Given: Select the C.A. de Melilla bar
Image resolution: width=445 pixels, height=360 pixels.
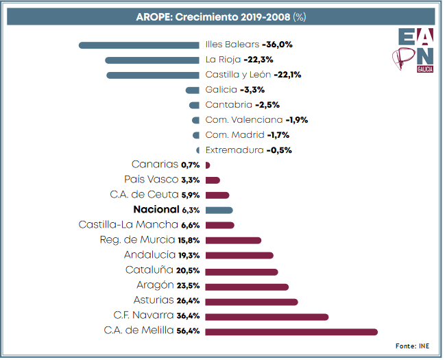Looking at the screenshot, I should point(291,332).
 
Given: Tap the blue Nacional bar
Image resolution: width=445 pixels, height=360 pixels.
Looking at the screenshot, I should point(219,211).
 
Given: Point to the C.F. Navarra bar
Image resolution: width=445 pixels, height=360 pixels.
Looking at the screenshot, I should point(267,317).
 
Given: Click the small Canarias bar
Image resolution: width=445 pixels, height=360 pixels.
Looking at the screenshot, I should point(207,165).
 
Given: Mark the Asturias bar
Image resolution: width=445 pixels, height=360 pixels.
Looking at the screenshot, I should point(251,302).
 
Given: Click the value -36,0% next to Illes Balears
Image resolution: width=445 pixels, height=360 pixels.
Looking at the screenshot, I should point(277,45).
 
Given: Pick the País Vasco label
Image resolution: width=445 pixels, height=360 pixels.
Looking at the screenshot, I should point(151,180).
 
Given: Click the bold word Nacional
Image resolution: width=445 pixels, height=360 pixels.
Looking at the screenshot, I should point(156,210).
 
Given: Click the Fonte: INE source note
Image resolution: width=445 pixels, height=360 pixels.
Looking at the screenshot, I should point(413,346).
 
